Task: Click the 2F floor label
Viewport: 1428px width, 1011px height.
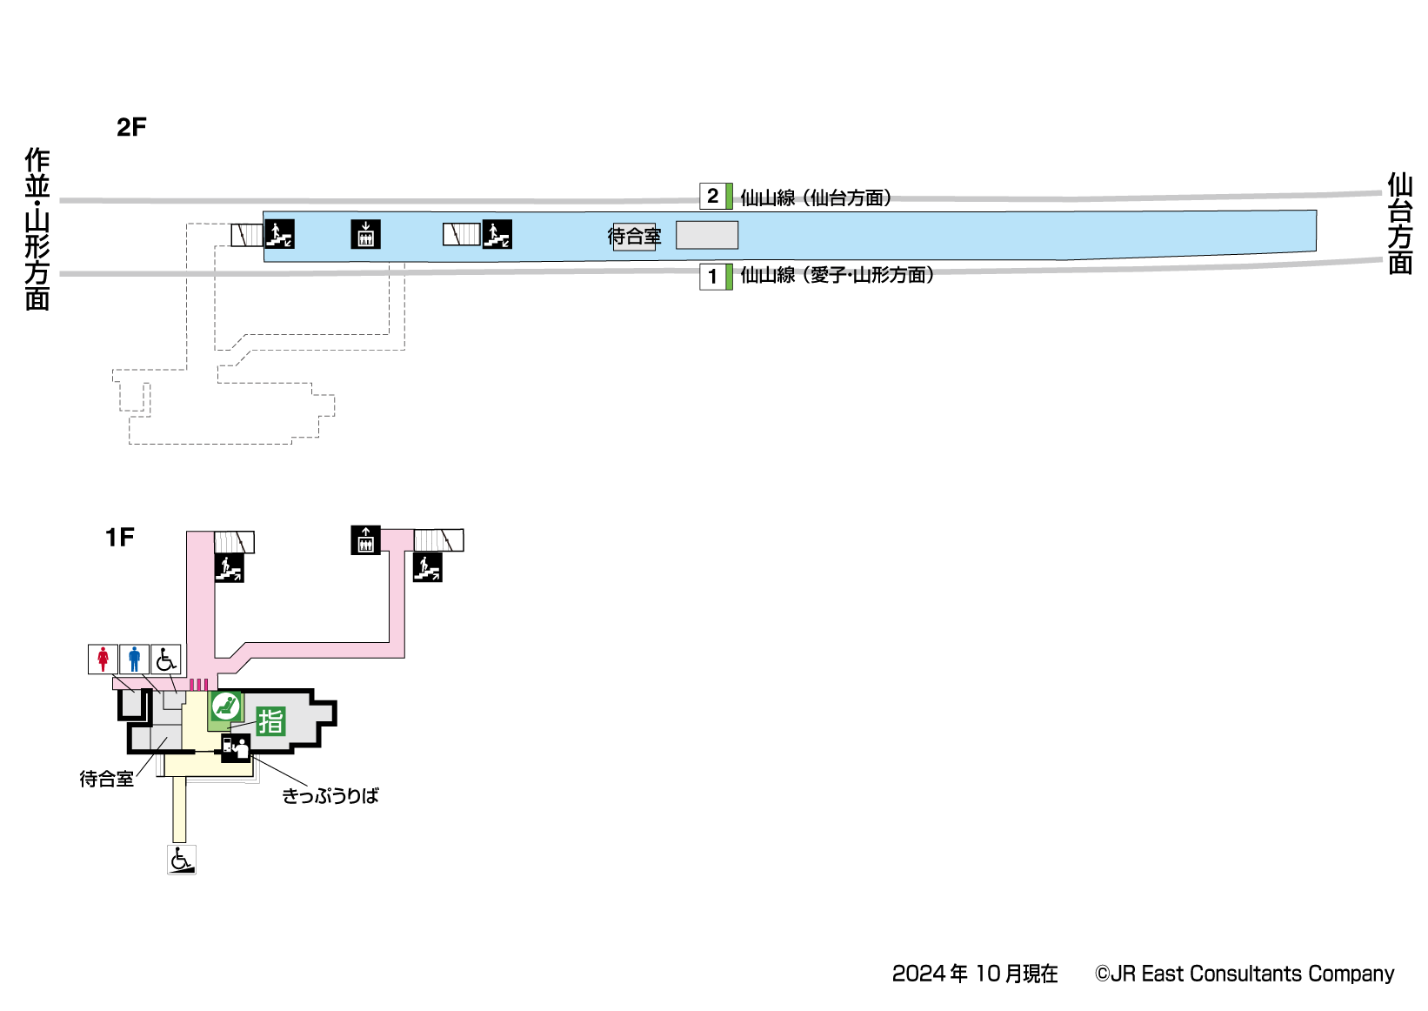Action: pos(131,127)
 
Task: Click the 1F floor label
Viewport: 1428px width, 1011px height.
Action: pos(120,538)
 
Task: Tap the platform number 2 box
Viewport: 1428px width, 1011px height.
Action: pos(712,196)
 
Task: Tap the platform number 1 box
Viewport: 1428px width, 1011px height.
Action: pos(712,277)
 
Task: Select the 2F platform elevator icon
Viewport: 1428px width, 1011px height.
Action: pos(365,234)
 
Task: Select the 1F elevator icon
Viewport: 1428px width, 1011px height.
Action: pos(365,540)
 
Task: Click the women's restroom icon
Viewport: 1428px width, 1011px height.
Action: pos(103,659)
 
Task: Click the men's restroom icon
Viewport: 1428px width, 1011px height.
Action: pos(134,659)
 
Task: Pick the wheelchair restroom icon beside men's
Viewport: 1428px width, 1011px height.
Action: pos(165,659)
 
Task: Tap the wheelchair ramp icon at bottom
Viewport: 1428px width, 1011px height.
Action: pos(182,860)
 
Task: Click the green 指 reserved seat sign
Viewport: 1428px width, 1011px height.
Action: pos(271,720)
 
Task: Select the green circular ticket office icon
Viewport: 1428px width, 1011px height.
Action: pos(226,706)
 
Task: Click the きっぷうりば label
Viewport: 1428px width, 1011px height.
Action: pos(330,795)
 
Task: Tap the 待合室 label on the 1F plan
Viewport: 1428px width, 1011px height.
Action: pos(106,779)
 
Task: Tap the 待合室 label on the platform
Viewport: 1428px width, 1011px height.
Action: pos(634,236)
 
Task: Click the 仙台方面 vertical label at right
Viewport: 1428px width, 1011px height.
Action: pos(1399,224)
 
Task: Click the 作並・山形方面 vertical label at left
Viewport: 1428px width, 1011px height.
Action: pos(37,229)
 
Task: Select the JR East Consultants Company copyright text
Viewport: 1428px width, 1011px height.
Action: pos(1244,974)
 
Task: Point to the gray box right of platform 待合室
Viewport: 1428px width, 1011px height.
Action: pos(707,235)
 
